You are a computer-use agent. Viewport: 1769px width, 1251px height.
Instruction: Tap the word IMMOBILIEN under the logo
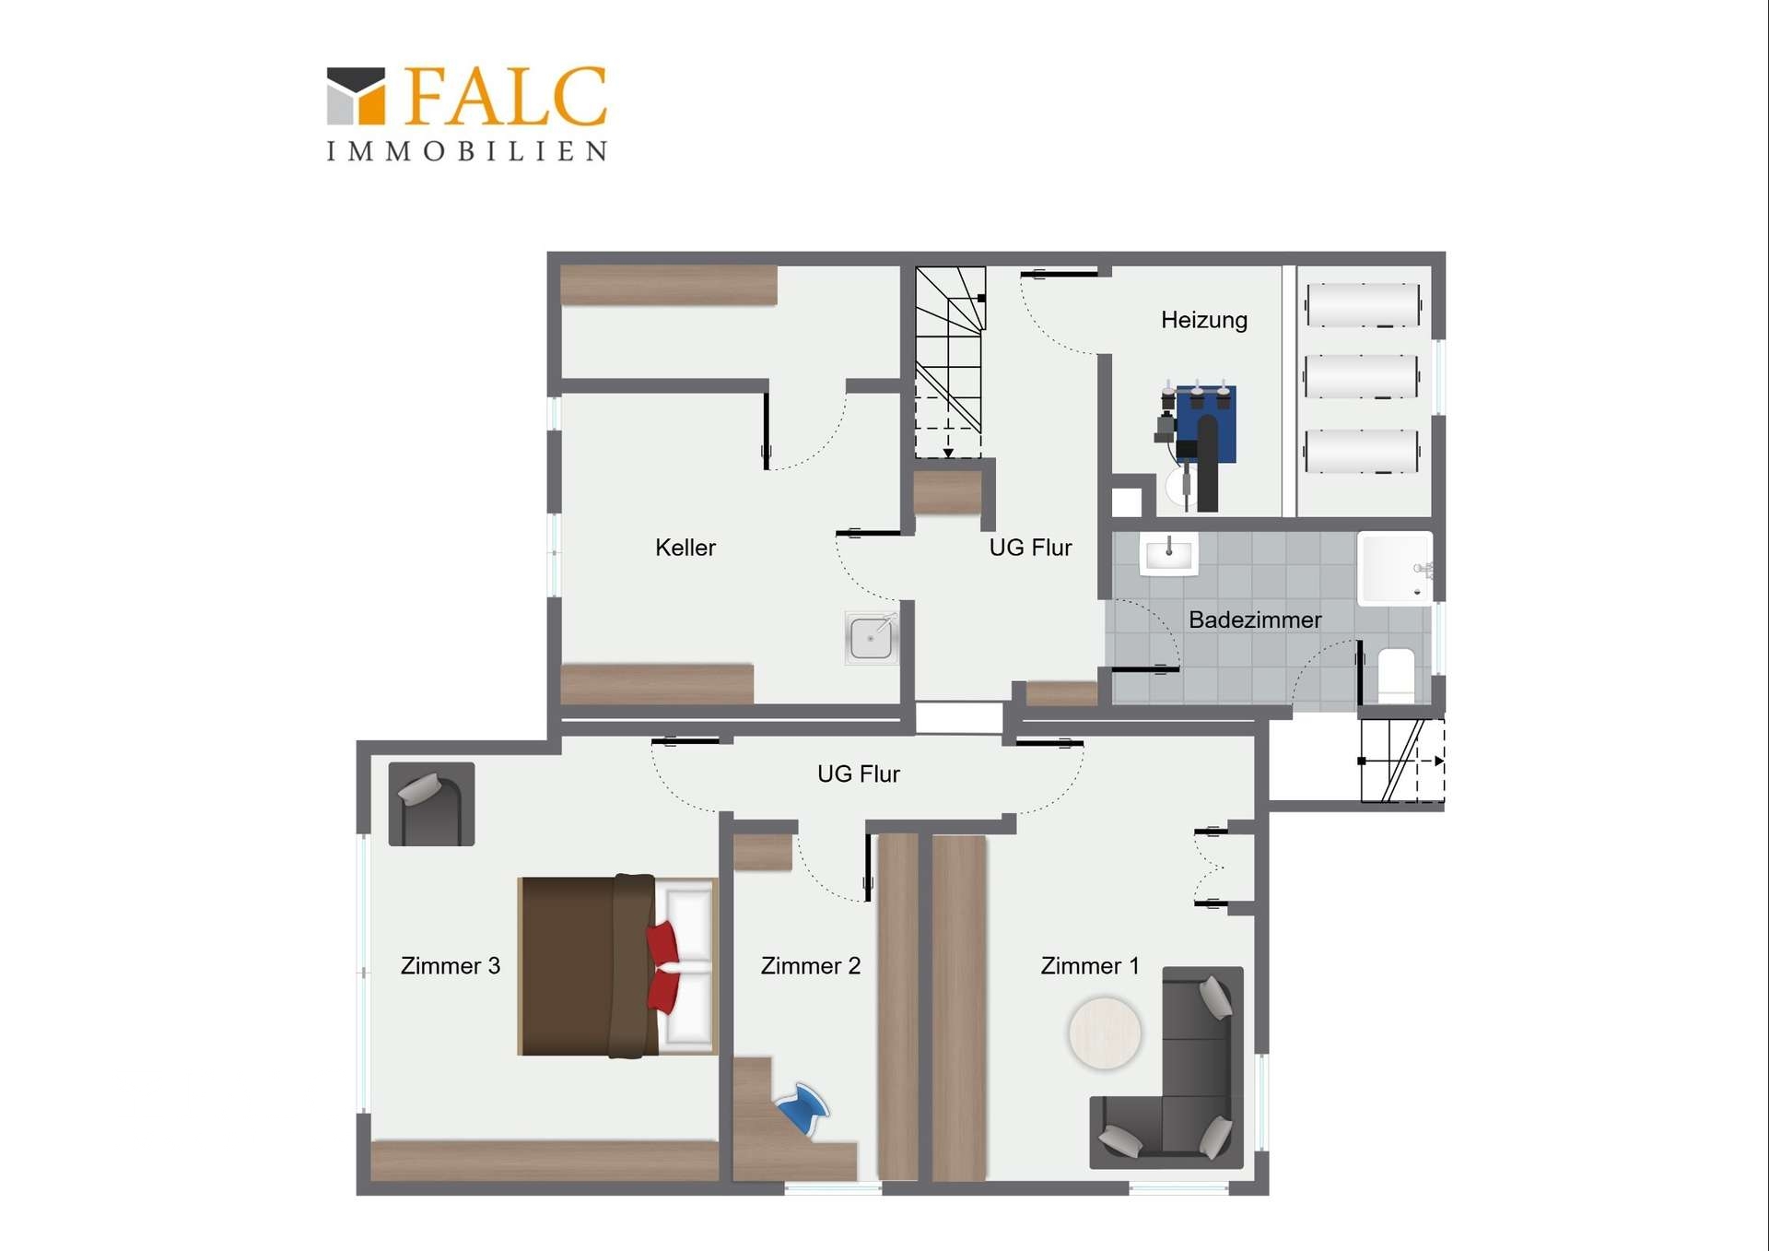[x=467, y=151]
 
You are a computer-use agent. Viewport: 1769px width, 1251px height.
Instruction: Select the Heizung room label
[x=1204, y=320]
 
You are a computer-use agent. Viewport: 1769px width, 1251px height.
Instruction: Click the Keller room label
[x=685, y=548]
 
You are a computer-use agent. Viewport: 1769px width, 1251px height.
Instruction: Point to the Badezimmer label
[x=1255, y=620]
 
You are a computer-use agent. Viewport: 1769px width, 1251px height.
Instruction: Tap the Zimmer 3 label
[x=451, y=965]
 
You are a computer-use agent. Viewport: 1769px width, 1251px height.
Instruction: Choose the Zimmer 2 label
[x=811, y=965]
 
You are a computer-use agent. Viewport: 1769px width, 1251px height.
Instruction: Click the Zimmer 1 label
[x=1090, y=965]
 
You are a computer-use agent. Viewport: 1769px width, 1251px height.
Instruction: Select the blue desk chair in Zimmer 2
[x=803, y=1107]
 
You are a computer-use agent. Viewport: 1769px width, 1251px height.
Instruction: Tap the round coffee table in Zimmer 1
[x=1105, y=1033]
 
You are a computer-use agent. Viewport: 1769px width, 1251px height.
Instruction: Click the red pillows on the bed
[x=663, y=967]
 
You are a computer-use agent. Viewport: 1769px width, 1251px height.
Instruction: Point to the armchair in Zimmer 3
[x=431, y=804]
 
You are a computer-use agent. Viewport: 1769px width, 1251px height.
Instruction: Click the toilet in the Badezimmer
[x=1396, y=674]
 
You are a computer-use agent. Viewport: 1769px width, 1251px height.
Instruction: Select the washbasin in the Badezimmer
[x=1169, y=554]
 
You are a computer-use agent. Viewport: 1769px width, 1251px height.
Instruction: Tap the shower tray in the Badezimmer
[x=1395, y=568]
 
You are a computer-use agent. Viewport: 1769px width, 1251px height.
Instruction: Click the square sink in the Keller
[x=871, y=638]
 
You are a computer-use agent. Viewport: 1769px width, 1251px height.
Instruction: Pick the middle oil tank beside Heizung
[x=1361, y=376]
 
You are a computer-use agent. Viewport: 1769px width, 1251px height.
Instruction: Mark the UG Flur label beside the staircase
[x=1030, y=548]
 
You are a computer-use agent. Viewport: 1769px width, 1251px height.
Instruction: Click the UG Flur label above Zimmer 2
[x=859, y=773]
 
